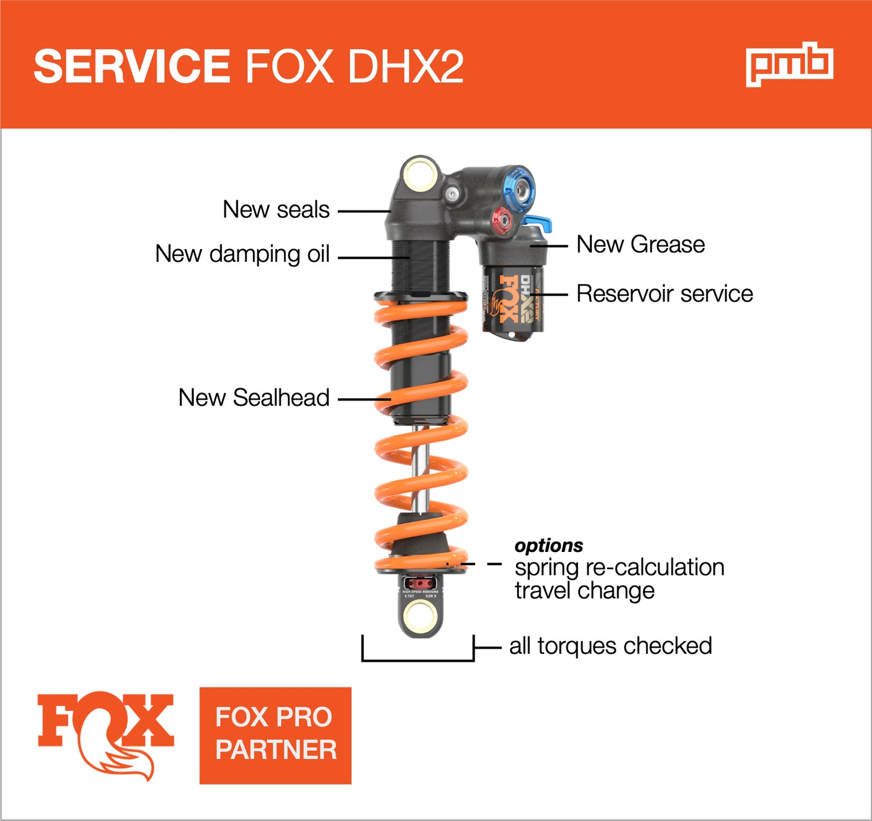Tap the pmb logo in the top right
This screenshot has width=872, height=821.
(x=789, y=64)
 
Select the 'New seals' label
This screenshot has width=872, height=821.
(x=276, y=210)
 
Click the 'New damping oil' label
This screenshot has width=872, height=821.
(x=242, y=254)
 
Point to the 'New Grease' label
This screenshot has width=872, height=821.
(x=640, y=244)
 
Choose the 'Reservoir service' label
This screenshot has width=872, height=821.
(x=664, y=294)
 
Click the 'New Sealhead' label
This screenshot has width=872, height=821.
(x=253, y=398)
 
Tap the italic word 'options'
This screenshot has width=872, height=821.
(x=549, y=545)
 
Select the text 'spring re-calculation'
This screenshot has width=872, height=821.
(x=619, y=568)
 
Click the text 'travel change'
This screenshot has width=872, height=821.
(x=584, y=591)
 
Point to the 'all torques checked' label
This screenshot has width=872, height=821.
(x=610, y=646)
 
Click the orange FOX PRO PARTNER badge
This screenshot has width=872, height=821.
(x=275, y=735)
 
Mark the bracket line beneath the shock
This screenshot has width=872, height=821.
(x=418, y=660)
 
